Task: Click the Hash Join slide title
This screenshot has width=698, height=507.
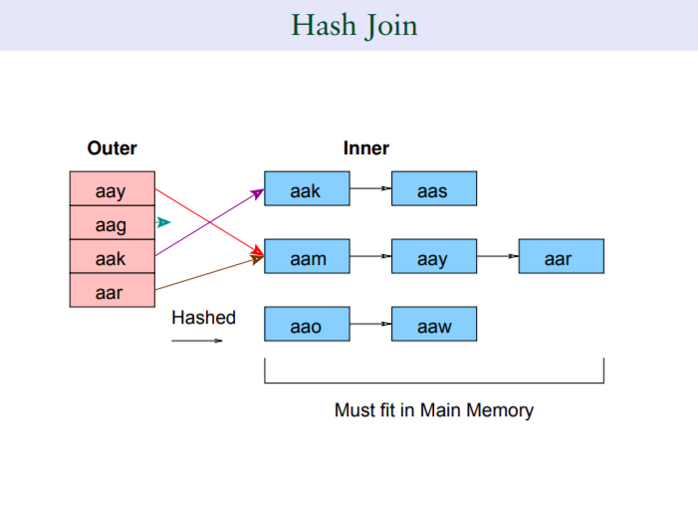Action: click(x=354, y=25)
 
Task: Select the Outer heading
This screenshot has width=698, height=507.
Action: click(x=113, y=148)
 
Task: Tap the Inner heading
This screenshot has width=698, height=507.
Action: click(x=365, y=148)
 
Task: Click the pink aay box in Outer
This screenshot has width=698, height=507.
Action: click(x=113, y=188)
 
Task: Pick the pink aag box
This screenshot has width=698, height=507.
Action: click(x=113, y=222)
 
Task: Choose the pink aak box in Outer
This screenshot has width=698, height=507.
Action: click(x=113, y=256)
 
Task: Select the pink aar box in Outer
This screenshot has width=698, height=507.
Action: click(x=113, y=290)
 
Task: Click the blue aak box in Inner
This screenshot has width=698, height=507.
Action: click(x=307, y=188)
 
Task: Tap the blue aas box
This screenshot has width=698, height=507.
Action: click(x=434, y=188)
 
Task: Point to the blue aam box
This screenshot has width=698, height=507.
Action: click(x=307, y=256)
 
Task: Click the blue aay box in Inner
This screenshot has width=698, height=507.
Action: click(x=434, y=256)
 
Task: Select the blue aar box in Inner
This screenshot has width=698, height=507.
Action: click(x=562, y=256)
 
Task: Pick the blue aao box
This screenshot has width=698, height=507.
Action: click(x=307, y=324)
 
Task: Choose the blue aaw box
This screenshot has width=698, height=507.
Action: click(x=434, y=324)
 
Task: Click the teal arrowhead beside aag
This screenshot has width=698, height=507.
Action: click(x=163, y=222)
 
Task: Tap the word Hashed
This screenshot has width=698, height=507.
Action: click(x=203, y=318)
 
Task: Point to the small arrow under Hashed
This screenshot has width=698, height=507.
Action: click(x=197, y=341)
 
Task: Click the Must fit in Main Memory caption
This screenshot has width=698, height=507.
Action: click(x=434, y=410)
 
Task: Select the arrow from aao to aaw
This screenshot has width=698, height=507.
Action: click(x=370, y=324)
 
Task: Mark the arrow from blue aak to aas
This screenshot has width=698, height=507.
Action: click(x=370, y=188)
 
